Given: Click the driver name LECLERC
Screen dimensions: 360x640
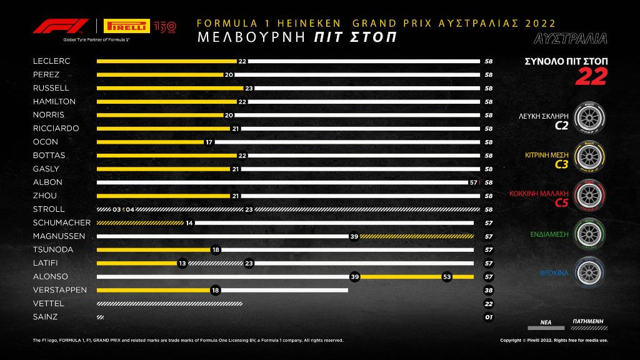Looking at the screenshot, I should click(51, 61).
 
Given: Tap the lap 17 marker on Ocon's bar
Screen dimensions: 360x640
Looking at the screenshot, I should click(209, 142).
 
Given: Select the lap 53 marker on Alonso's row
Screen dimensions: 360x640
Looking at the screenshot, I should click(446, 276).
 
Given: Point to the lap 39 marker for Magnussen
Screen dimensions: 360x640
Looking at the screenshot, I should click(354, 236).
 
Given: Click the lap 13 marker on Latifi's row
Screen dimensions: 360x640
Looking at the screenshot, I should click(182, 263).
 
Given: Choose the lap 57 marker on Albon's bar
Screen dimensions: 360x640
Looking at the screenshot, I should click(473, 182).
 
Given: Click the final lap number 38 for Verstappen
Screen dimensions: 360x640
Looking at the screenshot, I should click(489, 290).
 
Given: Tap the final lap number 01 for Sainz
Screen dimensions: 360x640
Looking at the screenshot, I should click(489, 317).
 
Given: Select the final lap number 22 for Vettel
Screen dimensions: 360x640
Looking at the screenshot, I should click(489, 304).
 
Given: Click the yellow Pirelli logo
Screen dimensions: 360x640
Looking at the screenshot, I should click(127, 26).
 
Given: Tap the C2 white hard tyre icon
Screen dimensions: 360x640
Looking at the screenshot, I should click(588, 119).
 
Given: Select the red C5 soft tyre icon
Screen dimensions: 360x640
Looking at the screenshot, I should click(588, 196).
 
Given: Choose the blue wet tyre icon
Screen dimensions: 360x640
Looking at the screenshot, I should click(588, 273).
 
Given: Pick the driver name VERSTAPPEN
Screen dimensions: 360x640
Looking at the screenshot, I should click(60, 290).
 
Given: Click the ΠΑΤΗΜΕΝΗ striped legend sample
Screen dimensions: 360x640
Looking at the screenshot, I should click(588, 326).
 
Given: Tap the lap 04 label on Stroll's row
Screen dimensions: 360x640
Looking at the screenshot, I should click(130, 209).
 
